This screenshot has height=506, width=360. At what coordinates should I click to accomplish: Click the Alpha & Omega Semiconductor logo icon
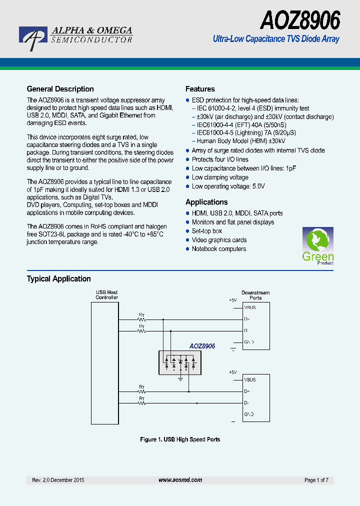tap(34, 37)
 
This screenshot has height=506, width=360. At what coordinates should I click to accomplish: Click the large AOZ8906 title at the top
tap(299, 20)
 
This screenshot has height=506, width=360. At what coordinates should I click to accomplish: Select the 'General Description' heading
tap(60, 89)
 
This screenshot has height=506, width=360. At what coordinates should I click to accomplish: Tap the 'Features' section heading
tap(200, 89)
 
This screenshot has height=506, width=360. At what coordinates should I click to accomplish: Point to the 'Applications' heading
tap(206, 202)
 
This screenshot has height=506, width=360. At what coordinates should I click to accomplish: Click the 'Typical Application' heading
tap(58, 278)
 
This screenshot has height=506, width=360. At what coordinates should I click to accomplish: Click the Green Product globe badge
tap(317, 245)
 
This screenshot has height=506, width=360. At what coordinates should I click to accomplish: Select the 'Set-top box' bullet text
tap(206, 231)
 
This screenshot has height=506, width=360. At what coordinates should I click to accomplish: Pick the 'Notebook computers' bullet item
tap(218, 249)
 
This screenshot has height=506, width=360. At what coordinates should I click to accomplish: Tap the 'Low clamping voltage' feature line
tap(220, 177)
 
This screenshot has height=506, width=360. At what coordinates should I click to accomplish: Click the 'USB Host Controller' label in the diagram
tap(106, 295)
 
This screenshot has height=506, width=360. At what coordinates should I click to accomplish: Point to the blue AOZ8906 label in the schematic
tap(202, 346)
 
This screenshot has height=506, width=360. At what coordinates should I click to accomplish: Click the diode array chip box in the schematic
tap(179, 362)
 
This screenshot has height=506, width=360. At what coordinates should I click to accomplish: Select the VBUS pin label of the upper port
tap(250, 307)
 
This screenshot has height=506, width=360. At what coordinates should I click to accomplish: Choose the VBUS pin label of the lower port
tap(250, 379)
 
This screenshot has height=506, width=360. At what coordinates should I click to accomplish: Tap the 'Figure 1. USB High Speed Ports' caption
tap(180, 439)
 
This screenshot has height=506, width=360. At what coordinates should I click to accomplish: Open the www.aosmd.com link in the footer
tap(180, 480)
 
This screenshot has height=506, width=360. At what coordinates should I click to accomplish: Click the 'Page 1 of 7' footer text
tap(316, 480)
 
